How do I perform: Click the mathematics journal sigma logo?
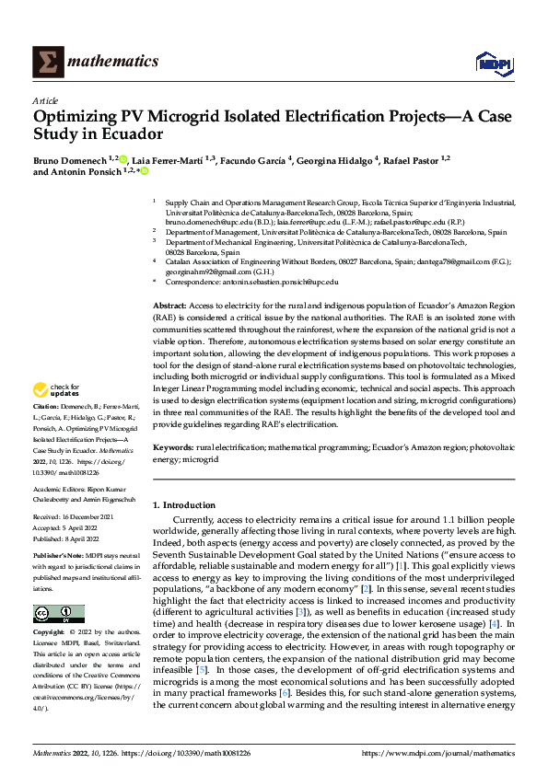coord(46,62)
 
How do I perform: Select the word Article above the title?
coord(45,100)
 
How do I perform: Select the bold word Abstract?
coord(170,305)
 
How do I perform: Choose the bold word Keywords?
coord(173,447)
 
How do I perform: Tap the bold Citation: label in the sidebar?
coord(48,431)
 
